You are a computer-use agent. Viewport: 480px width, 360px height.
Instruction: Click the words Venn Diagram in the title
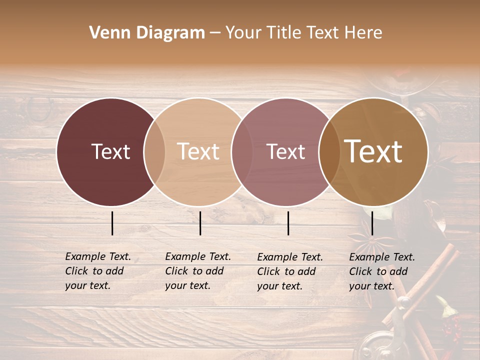tap(147, 33)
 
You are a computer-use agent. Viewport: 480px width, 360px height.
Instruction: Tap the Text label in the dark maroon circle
tap(110, 151)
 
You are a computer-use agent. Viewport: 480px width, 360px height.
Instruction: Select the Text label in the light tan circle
tap(198, 151)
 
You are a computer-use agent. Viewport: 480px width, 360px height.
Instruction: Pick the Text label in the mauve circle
tap(285, 151)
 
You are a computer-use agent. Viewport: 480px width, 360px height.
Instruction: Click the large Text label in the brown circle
tap(373, 151)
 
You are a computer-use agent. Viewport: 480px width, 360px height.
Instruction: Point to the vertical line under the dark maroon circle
tap(112, 223)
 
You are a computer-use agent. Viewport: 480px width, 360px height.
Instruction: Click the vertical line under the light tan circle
tap(200, 223)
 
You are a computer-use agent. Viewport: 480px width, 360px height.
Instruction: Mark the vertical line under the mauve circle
tap(288, 223)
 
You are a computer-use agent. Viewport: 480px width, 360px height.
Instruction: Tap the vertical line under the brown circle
tap(372, 223)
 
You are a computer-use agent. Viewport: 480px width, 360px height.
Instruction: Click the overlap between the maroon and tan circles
tap(154, 151)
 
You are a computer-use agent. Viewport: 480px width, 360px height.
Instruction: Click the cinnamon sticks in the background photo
tap(430, 285)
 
